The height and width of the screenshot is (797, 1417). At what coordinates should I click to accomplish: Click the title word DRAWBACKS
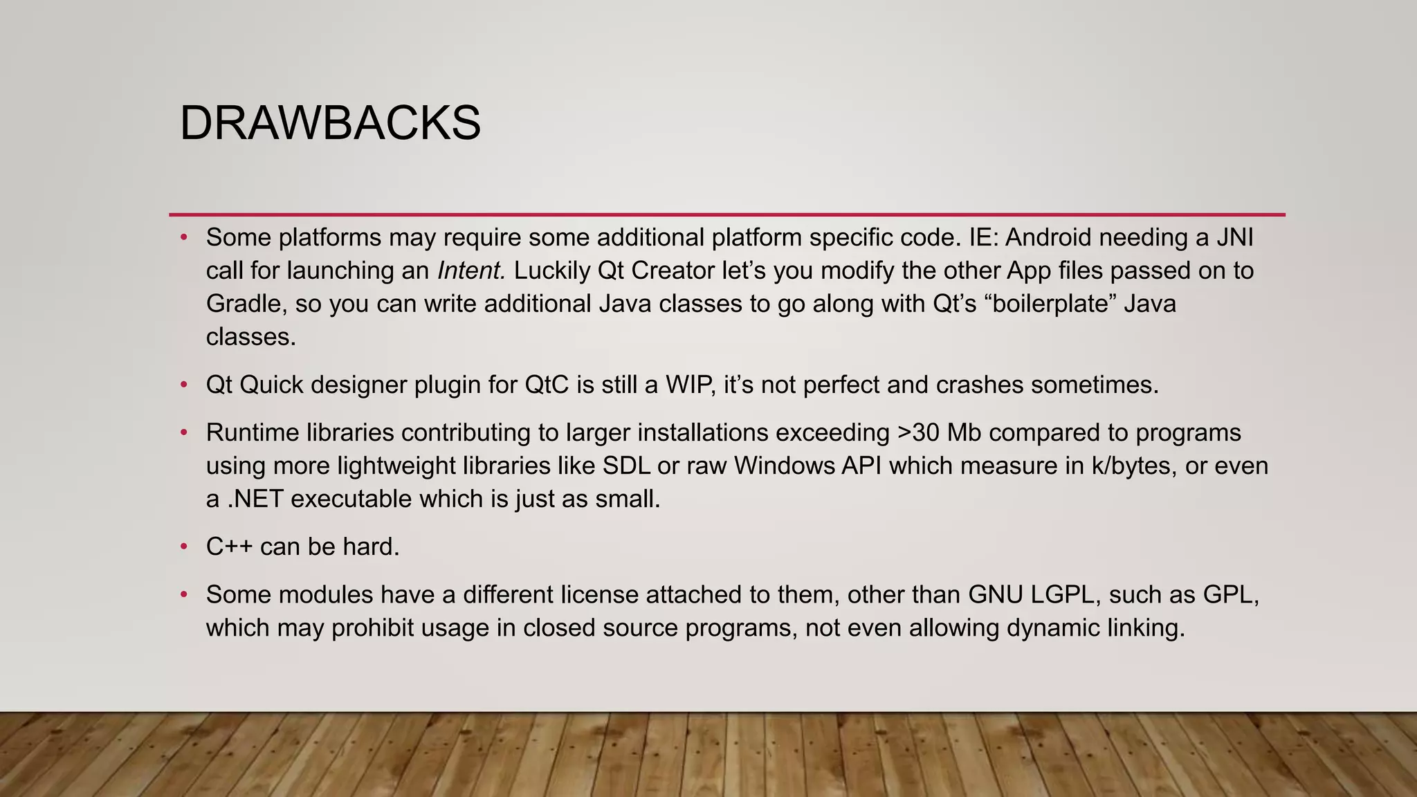[x=330, y=124]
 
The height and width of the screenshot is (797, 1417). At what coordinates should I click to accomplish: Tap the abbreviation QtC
[x=547, y=385]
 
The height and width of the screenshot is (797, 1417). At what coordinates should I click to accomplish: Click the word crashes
[x=979, y=385]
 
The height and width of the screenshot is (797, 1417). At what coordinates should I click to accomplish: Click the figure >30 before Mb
[x=918, y=433]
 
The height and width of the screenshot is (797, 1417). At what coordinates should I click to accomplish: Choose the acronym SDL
[x=626, y=466]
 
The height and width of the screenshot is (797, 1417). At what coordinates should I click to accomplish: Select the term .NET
[x=255, y=499]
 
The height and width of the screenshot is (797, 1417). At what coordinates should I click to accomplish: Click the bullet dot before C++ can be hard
[x=184, y=547]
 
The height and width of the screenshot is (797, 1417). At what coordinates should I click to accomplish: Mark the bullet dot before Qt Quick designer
[x=184, y=385]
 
